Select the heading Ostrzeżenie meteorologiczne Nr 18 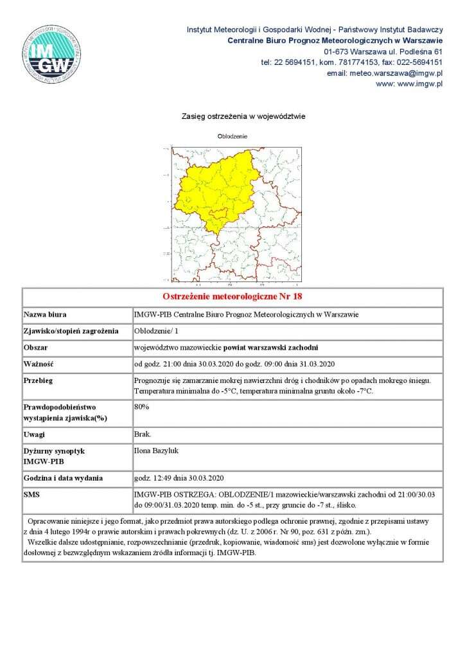[x=232, y=297]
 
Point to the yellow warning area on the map [x=218, y=186]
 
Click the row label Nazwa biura [x=46, y=315]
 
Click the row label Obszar [x=37, y=348]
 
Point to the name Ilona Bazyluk [x=156, y=451]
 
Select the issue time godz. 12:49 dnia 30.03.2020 [x=179, y=479]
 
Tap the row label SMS [x=32, y=495]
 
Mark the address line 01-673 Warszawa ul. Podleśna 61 [x=383, y=51]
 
